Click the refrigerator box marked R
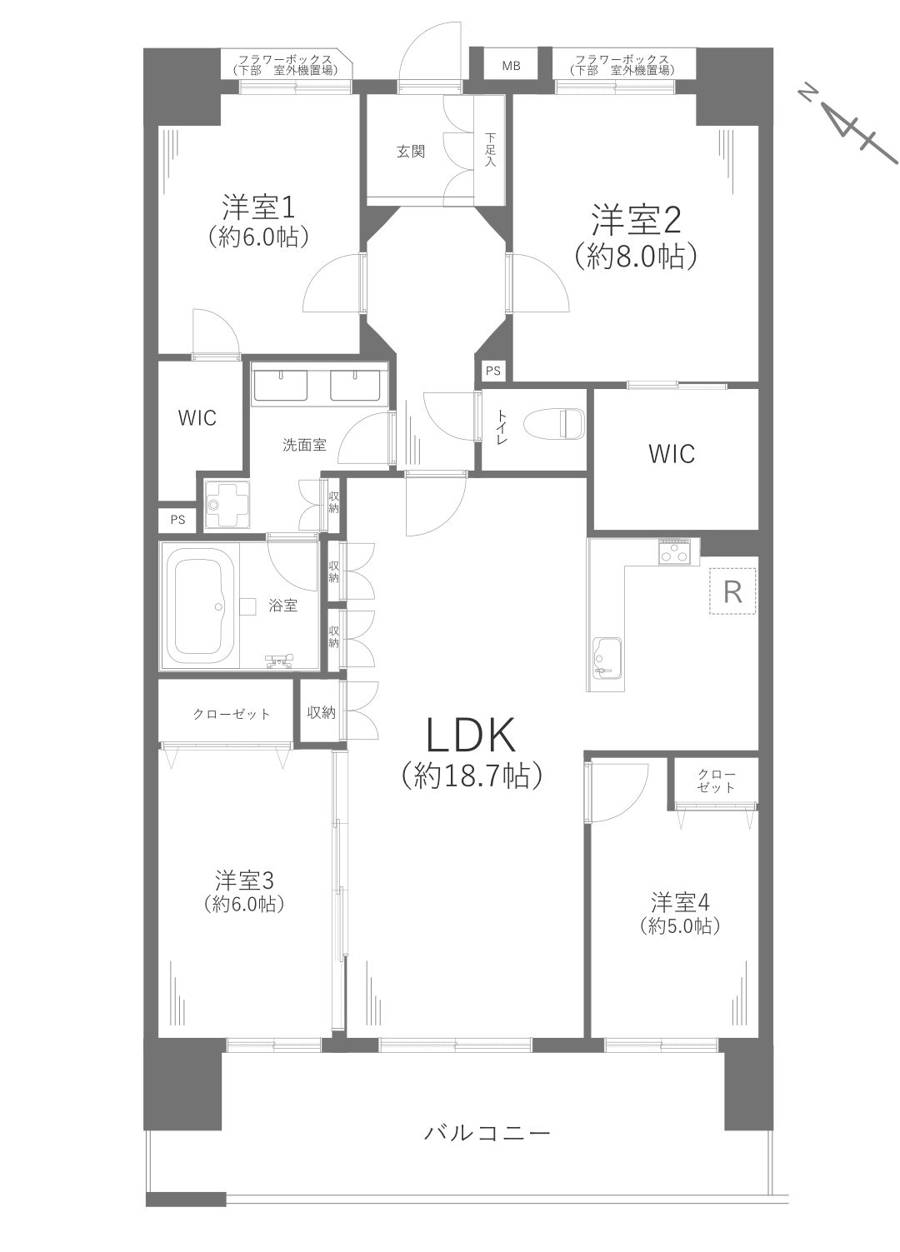[732, 591]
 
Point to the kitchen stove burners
[675, 551]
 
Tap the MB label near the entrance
[511, 66]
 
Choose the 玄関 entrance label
[411, 152]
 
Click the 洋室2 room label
[637, 221]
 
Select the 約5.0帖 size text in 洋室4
[680, 925]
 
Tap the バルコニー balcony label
[487, 1133]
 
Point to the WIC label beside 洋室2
[672, 454]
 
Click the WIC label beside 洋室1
[197, 417]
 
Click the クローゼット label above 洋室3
[232, 714]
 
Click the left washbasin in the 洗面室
[279, 386]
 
